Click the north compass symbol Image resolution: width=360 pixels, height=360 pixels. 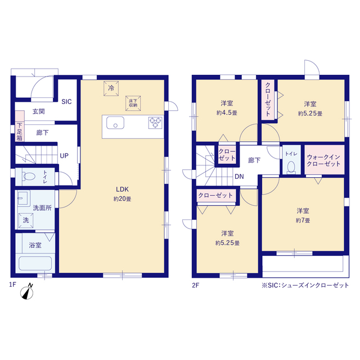click(x=27, y=292)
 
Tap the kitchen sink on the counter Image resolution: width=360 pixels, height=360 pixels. click(x=115, y=123)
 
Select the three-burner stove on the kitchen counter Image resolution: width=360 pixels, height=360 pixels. click(x=155, y=123)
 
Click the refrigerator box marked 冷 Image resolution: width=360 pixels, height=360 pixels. click(x=111, y=88)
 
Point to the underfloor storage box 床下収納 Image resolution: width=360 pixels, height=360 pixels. click(x=133, y=103)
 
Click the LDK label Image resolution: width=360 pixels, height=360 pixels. click(x=123, y=190)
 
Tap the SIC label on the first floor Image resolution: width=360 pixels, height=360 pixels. click(x=66, y=102)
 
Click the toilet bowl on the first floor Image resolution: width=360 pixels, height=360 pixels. click(x=29, y=177)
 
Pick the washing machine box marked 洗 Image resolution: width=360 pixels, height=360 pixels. click(x=26, y=220)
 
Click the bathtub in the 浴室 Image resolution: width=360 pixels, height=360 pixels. click(x=35, y=263)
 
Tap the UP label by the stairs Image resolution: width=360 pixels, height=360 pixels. click(x=64, y=156)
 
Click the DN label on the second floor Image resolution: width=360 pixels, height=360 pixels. click(x=239, y=177)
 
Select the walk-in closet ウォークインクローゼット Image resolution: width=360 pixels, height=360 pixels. click(x=325, y=160)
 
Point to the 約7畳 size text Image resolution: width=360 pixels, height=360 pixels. click(x=303, y=220)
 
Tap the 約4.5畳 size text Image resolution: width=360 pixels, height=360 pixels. click(x=227, y=112)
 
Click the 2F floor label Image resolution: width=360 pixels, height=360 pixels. click(x=196, y=285)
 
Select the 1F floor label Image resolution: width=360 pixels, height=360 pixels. click(x=12, y=285)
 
